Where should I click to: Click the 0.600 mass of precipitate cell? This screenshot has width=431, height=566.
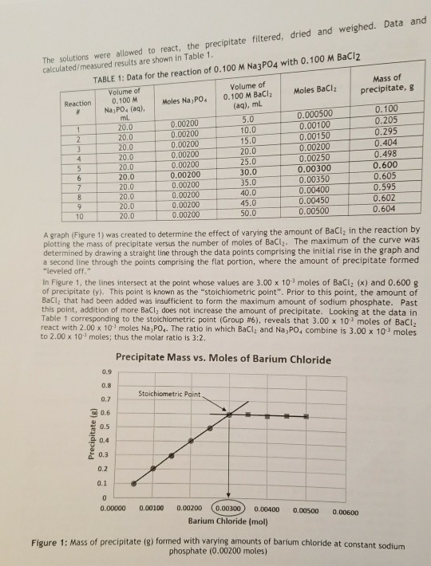click(386, 167)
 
